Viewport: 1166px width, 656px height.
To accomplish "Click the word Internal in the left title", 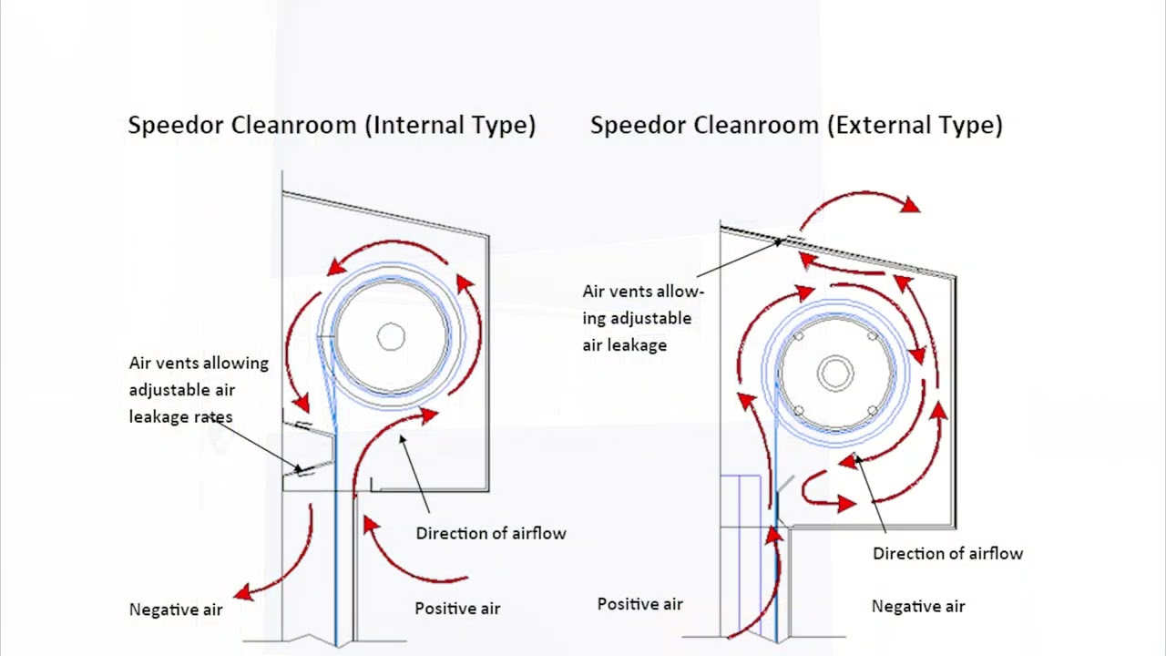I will (x=414, y=125).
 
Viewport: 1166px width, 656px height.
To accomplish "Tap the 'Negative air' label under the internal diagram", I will (x=176, y=610).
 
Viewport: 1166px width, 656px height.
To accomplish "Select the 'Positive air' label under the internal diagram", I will (x=457, y=609).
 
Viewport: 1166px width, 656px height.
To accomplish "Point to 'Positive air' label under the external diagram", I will (x=639, y=604).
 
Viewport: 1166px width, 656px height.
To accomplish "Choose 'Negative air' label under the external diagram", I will (x=918, y=606).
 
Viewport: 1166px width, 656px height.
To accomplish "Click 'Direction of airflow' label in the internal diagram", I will (x=491, y=533).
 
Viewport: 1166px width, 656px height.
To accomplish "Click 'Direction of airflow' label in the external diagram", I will (x=947, y=553).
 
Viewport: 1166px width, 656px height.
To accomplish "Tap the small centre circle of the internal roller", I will (x=391, y=337).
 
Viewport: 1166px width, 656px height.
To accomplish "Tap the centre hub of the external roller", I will (x=834, y=373).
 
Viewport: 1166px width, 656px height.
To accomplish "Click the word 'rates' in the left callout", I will (x=212, y=417).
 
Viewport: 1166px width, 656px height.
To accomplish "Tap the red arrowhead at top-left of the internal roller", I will (x=335, y=265).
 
